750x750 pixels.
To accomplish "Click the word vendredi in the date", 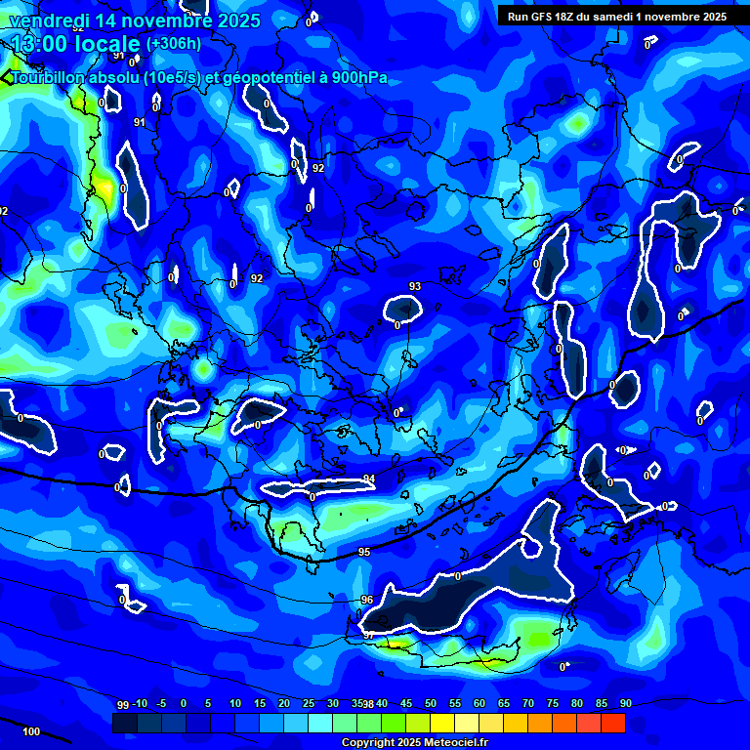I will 48,21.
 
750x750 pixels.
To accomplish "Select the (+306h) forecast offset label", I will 174,44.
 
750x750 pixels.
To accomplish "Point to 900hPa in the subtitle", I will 357,78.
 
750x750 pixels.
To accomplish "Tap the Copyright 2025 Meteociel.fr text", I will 416,743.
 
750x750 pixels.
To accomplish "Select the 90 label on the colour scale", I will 625,704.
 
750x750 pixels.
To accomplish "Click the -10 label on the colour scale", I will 141,704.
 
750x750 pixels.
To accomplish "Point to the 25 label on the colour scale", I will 309,704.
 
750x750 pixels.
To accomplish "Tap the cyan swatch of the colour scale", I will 319,723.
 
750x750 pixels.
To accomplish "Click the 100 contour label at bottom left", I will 31,731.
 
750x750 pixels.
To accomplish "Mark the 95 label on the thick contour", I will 364,553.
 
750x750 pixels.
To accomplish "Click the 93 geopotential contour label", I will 415,286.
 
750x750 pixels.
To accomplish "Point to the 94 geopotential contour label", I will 369,479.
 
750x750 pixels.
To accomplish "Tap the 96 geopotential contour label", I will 367,600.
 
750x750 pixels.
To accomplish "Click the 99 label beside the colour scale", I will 123,704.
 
